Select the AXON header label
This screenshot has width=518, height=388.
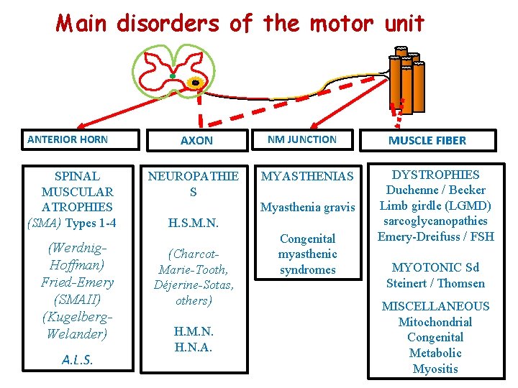196,141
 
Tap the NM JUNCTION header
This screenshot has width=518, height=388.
302,140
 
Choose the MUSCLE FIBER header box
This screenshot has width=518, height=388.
427,141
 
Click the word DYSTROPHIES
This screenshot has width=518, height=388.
436,175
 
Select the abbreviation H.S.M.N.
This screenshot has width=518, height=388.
193,224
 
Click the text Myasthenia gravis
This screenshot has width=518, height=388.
308,208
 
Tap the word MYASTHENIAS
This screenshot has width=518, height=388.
307,176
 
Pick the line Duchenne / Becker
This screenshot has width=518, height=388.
436,190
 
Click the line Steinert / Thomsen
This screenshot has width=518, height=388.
436,283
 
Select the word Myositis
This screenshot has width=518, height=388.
436,369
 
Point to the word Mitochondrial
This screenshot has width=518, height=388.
436,322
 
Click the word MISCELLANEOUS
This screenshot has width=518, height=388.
436,306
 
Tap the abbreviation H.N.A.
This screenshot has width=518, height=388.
193,348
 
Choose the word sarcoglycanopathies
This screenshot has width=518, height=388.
436,221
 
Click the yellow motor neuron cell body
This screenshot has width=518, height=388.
195,83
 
